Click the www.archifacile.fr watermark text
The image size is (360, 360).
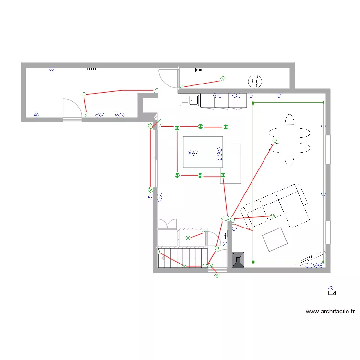click(x=330, y=311)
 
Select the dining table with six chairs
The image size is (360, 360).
click(x=289, y=140)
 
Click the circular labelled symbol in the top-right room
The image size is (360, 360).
click(x=255, y=81)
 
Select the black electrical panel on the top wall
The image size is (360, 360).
click(x=91, y=69)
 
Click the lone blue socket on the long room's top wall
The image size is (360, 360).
click(x=52, y=70)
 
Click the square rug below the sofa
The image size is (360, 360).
click(x=275, y=239)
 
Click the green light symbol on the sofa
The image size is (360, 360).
click(x=272, y=216)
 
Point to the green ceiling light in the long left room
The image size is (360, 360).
click(x=84, y=94)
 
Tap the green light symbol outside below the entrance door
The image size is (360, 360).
click(x=216, y=276)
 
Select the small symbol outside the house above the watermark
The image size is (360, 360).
click(x=331, y=290)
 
